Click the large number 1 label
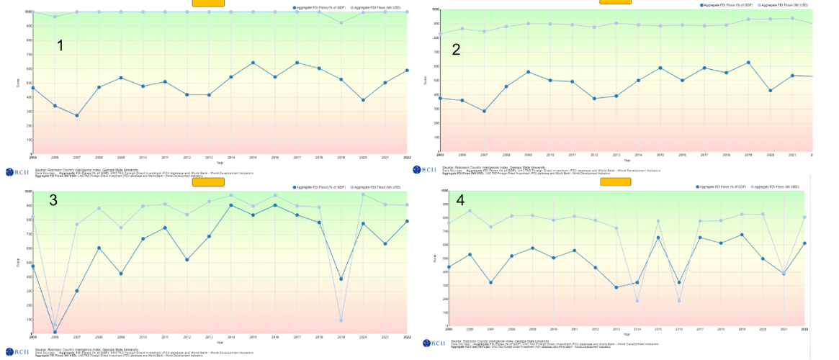pos(60,45)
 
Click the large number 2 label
pos(455,49)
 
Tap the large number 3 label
pos(53,200)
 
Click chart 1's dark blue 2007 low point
pos(77,115)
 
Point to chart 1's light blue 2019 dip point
pos(341,22)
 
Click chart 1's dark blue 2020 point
pos(363,100)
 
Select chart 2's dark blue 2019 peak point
pos(748,63)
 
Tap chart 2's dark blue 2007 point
pos(485,111)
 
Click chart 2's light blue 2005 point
pos(441,34)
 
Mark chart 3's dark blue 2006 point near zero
pos(55,332)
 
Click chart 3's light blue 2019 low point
pos(341,320)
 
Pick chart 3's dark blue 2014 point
pos(231,205)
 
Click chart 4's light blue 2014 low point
pos(637,300)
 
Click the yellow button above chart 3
pos(208,182)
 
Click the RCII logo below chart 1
pos(16,171)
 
